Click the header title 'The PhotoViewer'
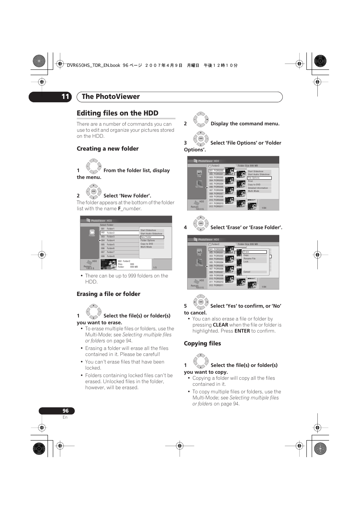coord(111,97)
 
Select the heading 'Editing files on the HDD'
coord(117,113)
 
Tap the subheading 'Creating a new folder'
coord(108,149)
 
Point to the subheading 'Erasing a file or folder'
coord(108,294)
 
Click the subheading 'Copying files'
coord(202,344)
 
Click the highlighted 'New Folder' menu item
coord(152,237)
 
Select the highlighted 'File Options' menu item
coord(259,178)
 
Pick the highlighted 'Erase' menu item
coord(255,252)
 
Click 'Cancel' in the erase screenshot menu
coord(247,272)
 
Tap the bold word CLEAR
coord(220,325)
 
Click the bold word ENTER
coord(242,331)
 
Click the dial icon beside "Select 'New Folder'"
coord(94,191)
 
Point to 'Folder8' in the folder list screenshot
coord(111,256)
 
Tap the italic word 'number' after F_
coord(132,209)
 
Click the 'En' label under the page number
coord(65,417)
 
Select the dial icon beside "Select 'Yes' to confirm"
coord(201,302)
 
